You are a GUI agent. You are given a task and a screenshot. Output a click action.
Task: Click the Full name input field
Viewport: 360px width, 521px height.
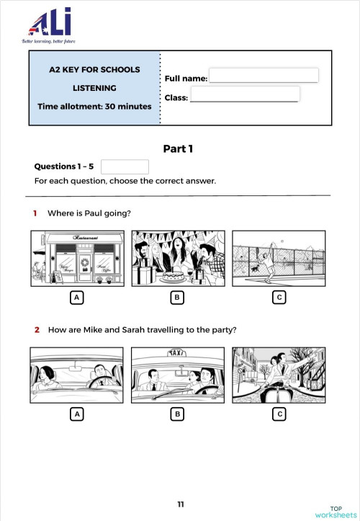263,76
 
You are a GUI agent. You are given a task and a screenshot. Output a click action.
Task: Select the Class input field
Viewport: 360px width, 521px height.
245,94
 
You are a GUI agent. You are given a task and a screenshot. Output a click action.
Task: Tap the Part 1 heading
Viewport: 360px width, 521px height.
179,149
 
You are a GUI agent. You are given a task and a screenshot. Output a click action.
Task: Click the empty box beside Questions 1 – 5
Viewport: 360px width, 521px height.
125,166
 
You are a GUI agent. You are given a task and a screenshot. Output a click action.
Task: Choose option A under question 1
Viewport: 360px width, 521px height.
76,297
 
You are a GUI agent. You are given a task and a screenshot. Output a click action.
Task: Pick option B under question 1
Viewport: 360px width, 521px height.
177,297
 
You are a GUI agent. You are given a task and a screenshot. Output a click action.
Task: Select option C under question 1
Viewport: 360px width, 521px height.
279,297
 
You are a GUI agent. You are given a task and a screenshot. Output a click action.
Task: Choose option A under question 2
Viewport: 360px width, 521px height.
76,414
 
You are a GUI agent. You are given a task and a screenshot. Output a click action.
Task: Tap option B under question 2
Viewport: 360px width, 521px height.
177,414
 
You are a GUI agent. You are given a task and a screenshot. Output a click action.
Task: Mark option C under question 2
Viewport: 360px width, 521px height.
279,414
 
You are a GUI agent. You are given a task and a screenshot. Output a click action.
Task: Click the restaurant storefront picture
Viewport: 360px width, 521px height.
76,259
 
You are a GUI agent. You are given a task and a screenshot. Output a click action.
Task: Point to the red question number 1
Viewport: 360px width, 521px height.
35,213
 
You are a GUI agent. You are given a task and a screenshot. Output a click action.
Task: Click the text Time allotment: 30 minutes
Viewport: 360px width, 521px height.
94,107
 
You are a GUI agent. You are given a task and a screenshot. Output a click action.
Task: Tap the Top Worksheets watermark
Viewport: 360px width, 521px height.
336,510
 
